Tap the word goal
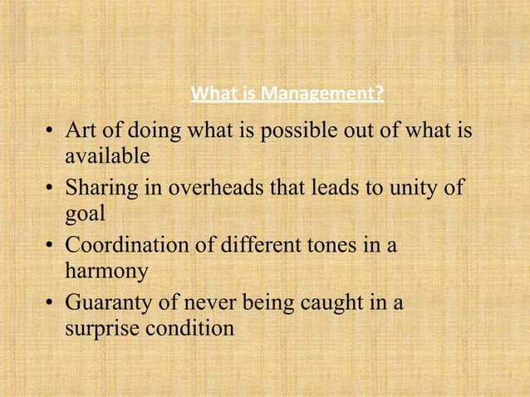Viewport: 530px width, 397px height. point(84,213)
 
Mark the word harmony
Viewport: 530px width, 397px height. point(106,271)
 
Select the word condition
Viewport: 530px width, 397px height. point(190,328)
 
